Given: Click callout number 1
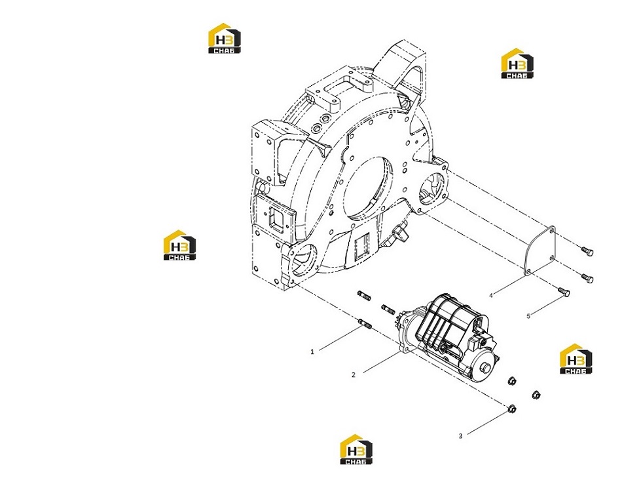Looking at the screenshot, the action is coord(312,351).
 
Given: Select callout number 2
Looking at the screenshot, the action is coord(354,374).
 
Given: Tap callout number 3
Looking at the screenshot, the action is coord(460,436).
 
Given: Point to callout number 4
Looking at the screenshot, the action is coord(490,295).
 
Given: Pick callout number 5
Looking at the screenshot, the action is coord(528,316).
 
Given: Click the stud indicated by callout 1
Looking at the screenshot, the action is coord(87,323).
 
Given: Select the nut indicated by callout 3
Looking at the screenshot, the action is coord(512,409).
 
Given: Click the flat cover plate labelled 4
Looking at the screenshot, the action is coord(539,252).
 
